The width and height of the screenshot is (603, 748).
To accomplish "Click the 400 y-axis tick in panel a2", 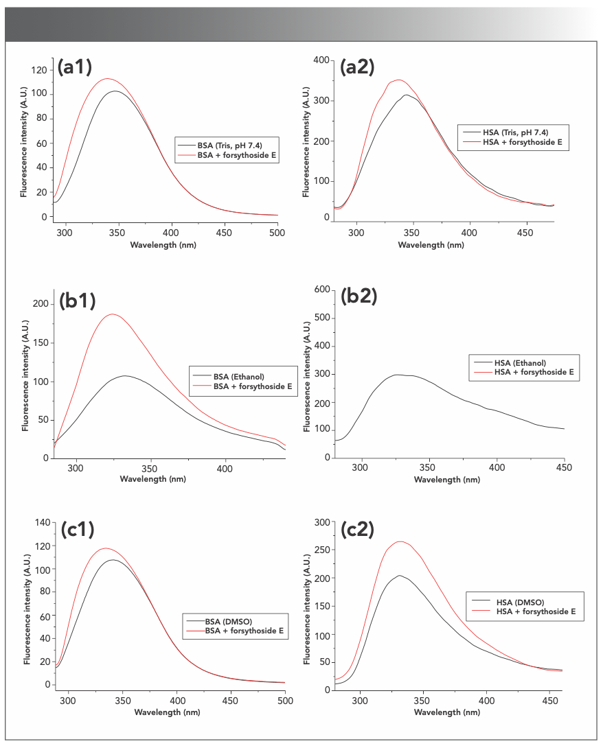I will (319, 60).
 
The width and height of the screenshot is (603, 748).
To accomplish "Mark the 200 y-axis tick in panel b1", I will (43, 303).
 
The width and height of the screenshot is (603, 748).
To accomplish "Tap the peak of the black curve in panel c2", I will (399, 576).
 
